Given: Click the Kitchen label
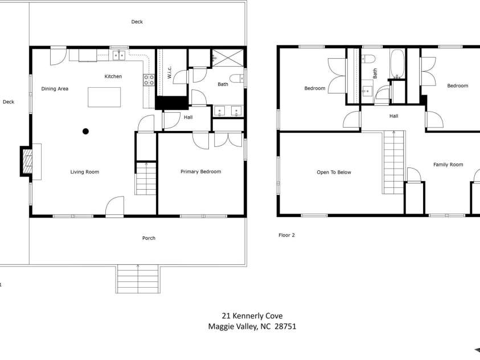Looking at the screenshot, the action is pyautogui.click(x=113, y=76).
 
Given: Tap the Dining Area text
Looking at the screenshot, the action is pyautogui.click(x=55, y=89).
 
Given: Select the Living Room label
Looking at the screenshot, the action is pyautogui.click(x=85, y=171).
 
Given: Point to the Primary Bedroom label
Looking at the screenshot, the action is pyautogui.click(x=201, y=171).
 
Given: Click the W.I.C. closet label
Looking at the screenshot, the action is pyautogui.click(x=169, y=72).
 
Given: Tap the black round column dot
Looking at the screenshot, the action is pyautogui.click(x=86, y=132).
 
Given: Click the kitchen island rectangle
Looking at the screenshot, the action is pyautogui.click(x=104, y=97).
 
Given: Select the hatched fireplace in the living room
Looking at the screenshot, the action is pyautogui.click(x=28, y=161).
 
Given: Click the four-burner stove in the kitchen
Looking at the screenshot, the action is pyautogui.click(x=149, y=80).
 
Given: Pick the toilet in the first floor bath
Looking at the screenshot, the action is pyautogui.click(x=237, y=79).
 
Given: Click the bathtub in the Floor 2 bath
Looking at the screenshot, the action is pyautogui.click(x=397, y=64).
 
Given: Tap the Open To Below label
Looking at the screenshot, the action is pyautogui.click(x=334, y=172).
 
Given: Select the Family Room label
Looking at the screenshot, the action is pyautogui.click(x=448, y=165).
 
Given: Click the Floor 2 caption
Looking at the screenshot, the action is pyautogui.click(x=286, y=235).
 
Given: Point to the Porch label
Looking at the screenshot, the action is pyautogui.click(x=149, y=238).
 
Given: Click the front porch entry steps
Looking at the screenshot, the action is pyautogui.click(x=138, y=279).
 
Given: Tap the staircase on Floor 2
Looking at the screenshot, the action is pyautogui.click(x=394, y=162).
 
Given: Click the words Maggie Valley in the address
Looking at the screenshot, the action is pyautogui.click(x=233, y=326).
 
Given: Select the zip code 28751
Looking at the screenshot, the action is pyautogui.click(x=285, y=326).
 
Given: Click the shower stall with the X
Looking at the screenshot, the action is pyautogui.click(x=228, y=58).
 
